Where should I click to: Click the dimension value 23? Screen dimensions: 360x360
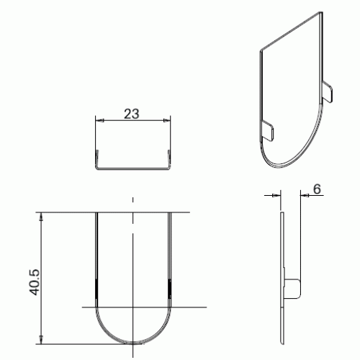coord(132,114)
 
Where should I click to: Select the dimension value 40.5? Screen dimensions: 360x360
coord(34,282)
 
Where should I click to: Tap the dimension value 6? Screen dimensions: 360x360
coord(317,189)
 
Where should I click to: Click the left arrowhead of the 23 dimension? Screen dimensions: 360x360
coord(99,120)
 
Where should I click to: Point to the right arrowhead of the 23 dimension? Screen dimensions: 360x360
coord(166,120)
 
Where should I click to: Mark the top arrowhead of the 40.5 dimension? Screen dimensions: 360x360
coord(42,217)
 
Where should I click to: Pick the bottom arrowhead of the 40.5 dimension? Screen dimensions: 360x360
coord(42,340)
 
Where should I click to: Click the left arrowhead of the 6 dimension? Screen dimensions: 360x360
coord(276,196)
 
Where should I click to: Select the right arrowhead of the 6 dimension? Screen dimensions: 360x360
coord(305,196)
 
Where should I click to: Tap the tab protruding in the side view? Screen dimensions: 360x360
coord(292,289)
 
